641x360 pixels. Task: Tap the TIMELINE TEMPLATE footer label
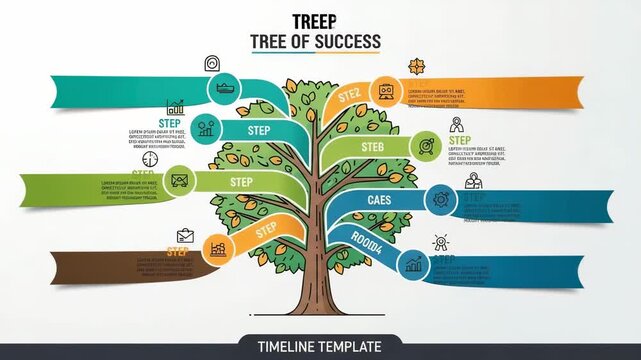[x=320, y=347]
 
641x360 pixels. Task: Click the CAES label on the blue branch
[x=380, y=200]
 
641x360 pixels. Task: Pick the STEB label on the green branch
[x=372, y=148]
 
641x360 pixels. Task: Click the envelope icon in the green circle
[x=180, y=181]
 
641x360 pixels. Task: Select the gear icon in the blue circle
[x=440, y=201]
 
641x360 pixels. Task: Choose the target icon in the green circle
[x=426, y=145]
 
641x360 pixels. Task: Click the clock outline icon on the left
[x=150, y=158]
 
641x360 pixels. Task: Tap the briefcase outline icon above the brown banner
[x=184, y=236]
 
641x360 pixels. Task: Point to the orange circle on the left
[x=216, y=249]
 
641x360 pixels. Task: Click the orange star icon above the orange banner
[x=417, y=67]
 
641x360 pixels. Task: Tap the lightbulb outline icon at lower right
[x=439, y=243]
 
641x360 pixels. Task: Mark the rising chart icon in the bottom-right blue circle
[x=414, y=264]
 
